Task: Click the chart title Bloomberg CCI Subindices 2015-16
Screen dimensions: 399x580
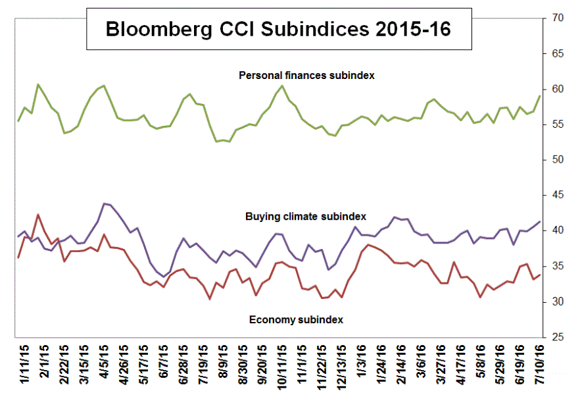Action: (x=278, y=30)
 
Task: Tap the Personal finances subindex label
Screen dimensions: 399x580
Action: (x=306, y=76)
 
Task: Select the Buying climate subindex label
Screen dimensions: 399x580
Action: (x=306, y=216)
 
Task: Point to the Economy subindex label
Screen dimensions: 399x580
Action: (x=296, y=320)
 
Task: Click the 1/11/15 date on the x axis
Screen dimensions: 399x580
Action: (x=24, y=366)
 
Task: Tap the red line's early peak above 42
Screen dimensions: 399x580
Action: (x=38, y=215)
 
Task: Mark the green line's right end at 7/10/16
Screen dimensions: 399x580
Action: (x=540, y=96)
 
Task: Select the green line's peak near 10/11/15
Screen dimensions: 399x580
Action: (x=282, y=86)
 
